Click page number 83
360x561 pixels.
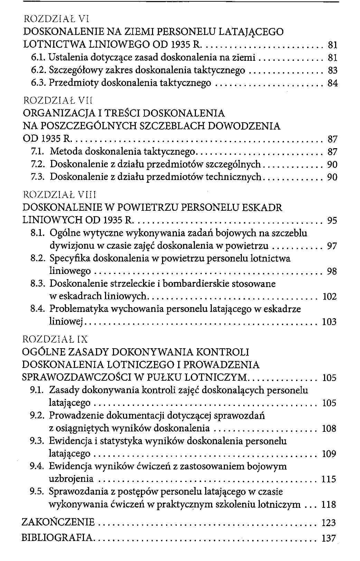(332, 70)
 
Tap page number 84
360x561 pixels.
(332, 83)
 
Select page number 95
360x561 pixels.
(332, 220)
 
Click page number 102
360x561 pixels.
(329, 296)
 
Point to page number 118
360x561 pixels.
(329, 504)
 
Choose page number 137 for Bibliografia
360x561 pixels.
(329, 538)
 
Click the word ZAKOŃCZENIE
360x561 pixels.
(58, 522)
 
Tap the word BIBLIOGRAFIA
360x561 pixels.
(57, 538)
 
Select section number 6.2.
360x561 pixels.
(37, 70)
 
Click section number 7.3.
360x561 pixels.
(37, 177)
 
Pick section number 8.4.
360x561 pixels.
(37, 309)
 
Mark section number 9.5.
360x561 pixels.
(37, 492)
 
